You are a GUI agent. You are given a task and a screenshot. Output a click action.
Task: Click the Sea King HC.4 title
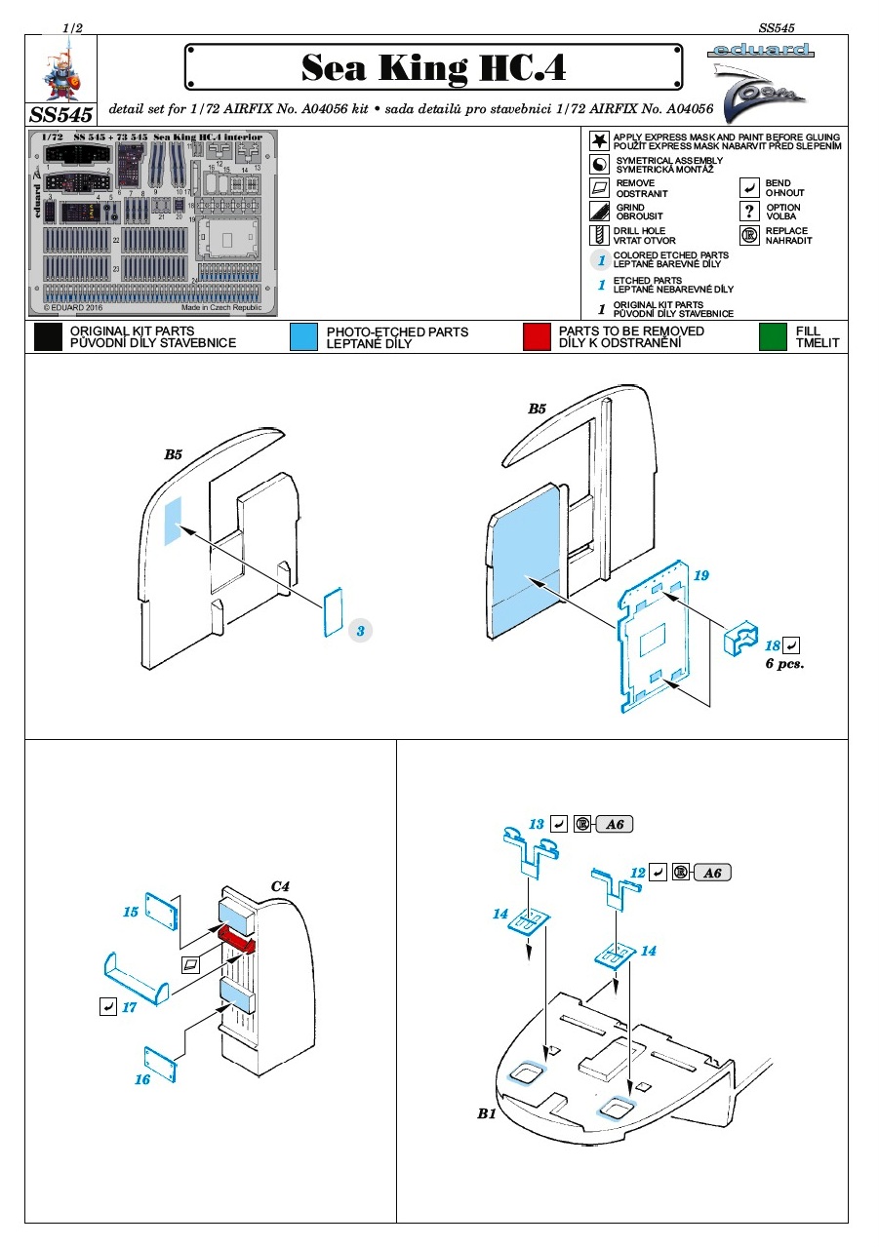[433, 68]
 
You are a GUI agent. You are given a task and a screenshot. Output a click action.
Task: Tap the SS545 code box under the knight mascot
[61, 114]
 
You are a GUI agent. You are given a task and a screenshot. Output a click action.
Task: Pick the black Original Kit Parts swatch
[48, 337]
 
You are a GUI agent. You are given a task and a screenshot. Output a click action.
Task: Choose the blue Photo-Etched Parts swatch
[303, 337]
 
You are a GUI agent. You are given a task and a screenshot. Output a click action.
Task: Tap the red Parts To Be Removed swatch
[537, 337]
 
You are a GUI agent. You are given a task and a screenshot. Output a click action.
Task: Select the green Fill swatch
[773, 337]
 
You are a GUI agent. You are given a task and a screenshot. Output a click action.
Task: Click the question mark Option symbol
[749, 212]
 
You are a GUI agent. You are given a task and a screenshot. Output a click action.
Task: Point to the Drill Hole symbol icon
[599, 235]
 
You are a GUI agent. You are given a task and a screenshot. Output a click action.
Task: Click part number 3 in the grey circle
[360, 631]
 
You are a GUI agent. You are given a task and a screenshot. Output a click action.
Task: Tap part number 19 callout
[700, 576]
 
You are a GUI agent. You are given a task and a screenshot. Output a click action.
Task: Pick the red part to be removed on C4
[237, 941]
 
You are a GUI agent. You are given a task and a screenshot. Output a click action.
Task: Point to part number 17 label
[130, 1007]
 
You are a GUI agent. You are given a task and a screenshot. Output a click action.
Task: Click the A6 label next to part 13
[615, 825]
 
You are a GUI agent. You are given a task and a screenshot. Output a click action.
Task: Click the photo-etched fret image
[152, 223]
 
